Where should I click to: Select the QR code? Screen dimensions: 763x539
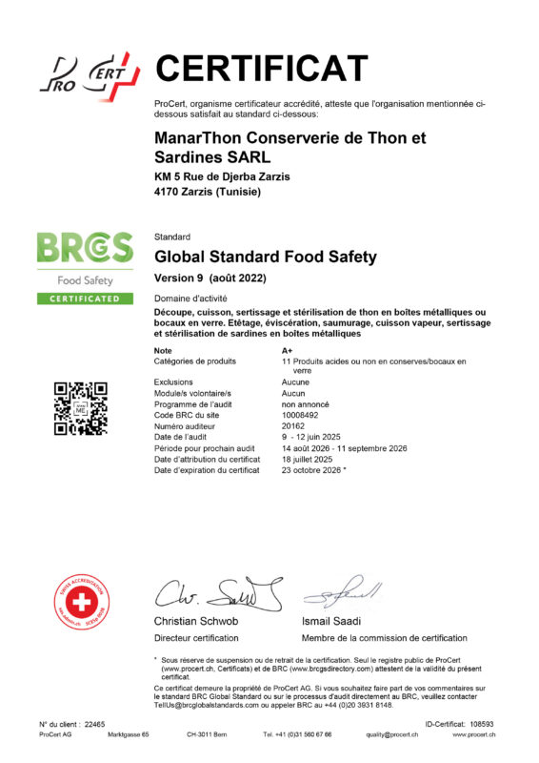click(x=81, y=408)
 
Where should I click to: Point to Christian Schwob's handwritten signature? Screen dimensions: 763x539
click(x=217, y=593)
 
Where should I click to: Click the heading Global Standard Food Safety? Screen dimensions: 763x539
click(x=266, y=257)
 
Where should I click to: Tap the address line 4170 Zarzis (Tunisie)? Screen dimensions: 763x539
click(x=208, y=192)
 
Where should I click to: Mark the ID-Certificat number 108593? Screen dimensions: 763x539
click(x=484, y=724)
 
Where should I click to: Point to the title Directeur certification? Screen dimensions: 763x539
click(x=197, y=637)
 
